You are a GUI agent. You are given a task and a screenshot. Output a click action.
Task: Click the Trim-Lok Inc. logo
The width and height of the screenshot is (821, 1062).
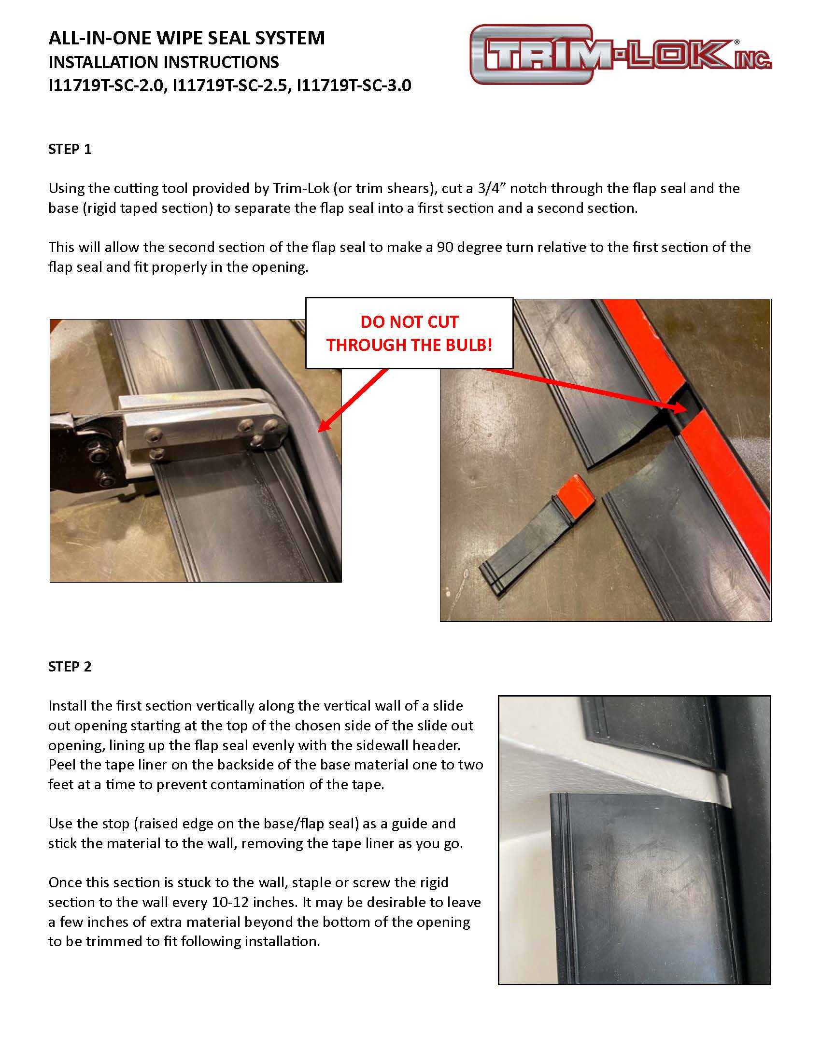tap(620, 55)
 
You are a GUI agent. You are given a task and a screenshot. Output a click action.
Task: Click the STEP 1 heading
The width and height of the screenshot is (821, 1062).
tap(70, 149)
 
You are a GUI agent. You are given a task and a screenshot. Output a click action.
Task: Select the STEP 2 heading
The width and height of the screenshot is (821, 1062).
tap(70, 667)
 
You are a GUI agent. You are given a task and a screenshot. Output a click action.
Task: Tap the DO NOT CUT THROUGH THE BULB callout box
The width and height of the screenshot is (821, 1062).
tap(409, 333)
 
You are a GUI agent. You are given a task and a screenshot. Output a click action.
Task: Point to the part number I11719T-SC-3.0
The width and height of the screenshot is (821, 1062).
tap(354, 85)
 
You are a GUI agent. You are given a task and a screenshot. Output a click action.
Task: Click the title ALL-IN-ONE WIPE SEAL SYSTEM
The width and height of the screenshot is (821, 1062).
tap(186, 38)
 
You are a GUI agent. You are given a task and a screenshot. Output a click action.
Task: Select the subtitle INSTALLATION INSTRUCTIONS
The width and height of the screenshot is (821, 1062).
tap(163, 62)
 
